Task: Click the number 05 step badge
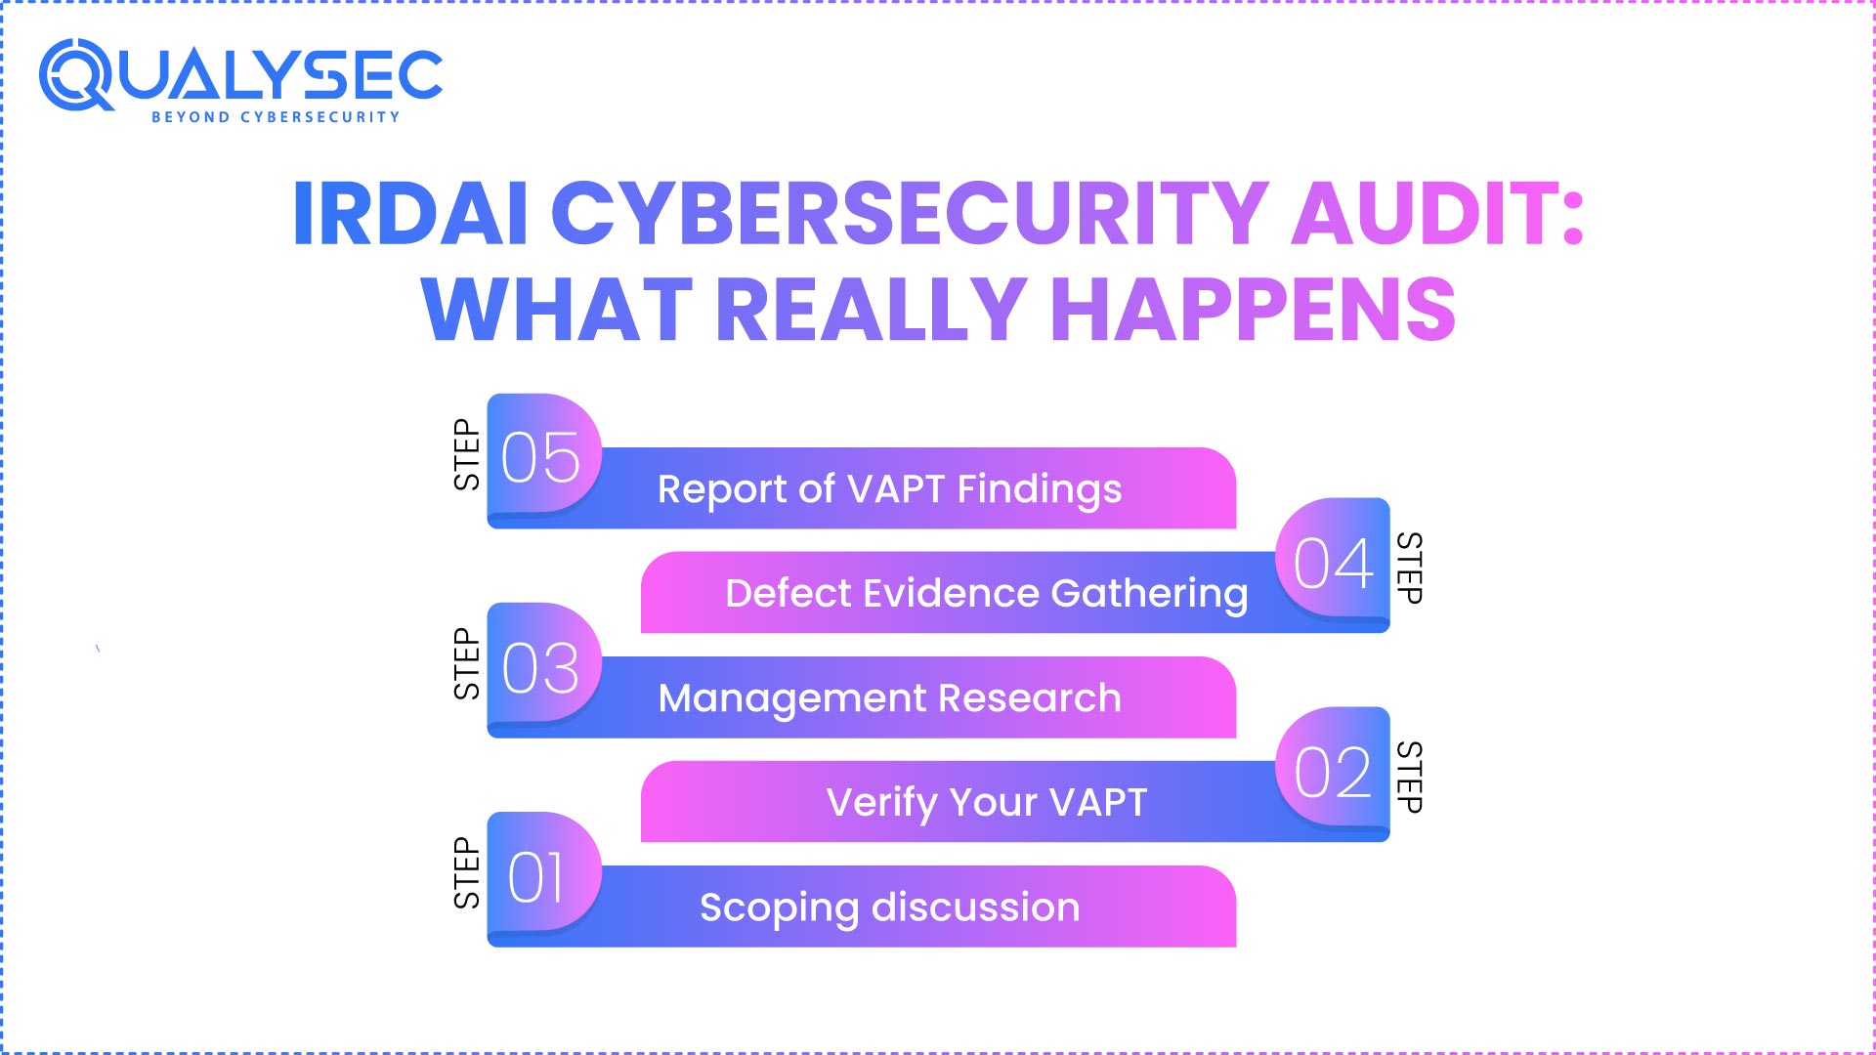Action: pyautogui.click(x=541, y=456)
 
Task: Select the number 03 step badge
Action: pyautogui.click(x=541, y=667)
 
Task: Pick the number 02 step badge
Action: pyautogui.click(x=1333, y=772)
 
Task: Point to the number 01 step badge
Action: pyautogui.click(x=537, y=876)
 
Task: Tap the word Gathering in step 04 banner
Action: pyautogui.click(x=1149, y=593)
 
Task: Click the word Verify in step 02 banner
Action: pyautogui.click(x=881, y=803)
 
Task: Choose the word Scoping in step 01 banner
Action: pyautogui.click(x=779, y=907)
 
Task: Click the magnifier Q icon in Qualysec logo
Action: pyautogui.click(x=76, y=75)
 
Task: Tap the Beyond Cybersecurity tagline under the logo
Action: pyautogui.click(x=276, y=117)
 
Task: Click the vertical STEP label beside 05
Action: pyautogui.click(x=467, y=454)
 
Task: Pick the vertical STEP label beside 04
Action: pyautogui.click(x=1409, y=568)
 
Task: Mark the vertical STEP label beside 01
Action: pyautogui.click(x=467, y=872)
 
